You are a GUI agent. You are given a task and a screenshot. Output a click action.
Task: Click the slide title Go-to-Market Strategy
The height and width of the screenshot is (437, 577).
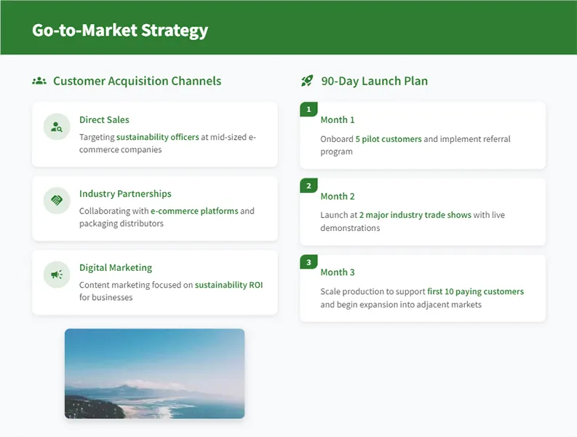[x=120, y=30]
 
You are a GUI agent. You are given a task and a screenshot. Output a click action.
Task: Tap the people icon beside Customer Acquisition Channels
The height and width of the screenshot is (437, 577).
[x=39, y=81]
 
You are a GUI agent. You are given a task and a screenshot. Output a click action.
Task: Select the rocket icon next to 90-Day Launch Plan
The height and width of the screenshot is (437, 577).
[x=307, y=81]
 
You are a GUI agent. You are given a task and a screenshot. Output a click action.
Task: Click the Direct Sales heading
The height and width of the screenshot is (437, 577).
[x=104, y=119]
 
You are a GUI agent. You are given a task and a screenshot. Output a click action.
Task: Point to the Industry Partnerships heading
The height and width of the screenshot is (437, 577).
[x=125, y=194]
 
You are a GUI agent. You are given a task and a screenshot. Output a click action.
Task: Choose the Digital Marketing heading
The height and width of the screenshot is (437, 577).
[x=116, y=267]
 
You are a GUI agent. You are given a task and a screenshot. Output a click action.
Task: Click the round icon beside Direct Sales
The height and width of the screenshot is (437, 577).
[x=56, y=127]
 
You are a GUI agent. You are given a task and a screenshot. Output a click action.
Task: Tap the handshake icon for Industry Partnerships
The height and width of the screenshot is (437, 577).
[x=56, y=200]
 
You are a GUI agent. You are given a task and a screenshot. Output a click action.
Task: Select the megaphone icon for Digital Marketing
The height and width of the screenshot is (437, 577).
[x=56, y=275]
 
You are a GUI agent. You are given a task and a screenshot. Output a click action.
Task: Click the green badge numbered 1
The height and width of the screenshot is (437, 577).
[x=309, y=109]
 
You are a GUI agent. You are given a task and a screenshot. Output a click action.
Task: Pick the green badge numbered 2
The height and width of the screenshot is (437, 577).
[x=309, y=186]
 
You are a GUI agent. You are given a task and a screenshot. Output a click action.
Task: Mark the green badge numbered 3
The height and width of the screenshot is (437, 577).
[x=309, y=262]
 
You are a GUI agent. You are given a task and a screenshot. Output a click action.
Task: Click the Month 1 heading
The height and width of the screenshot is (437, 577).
[x=338, y=119]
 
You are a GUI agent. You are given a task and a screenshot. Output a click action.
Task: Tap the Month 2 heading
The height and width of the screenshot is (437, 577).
[x=338, y=196]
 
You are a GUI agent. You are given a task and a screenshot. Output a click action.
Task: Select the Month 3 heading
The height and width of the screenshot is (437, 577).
[x=338, y=272]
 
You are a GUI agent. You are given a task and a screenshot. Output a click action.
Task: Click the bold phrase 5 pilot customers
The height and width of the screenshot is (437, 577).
[x=388, y=138]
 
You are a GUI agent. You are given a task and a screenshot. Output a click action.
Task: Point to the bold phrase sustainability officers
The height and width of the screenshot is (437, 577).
[x=157, y=136]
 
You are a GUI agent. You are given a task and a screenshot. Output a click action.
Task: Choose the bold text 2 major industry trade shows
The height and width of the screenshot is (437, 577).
[x=415, y=215]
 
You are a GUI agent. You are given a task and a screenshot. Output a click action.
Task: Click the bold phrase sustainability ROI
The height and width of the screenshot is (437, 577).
[x=228, y=285]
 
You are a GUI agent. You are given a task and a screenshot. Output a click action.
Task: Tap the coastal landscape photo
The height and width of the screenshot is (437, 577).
[x=154, y=373]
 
